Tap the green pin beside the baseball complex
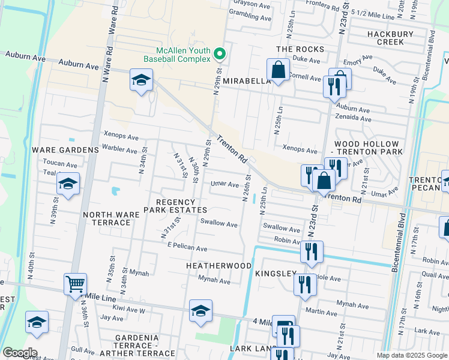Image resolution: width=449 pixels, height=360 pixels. pyautogui.click(x=220, y=55)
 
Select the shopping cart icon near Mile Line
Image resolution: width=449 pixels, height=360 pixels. pyautogui.click(x=75, y=284)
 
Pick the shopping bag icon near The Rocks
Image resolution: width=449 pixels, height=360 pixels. pyautogui.click(x=279, y=70)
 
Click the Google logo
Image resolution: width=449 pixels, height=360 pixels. pyautogui.click(x=19, y=353)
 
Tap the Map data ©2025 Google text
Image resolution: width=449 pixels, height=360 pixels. pyautogui.click(x=411, y=355)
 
